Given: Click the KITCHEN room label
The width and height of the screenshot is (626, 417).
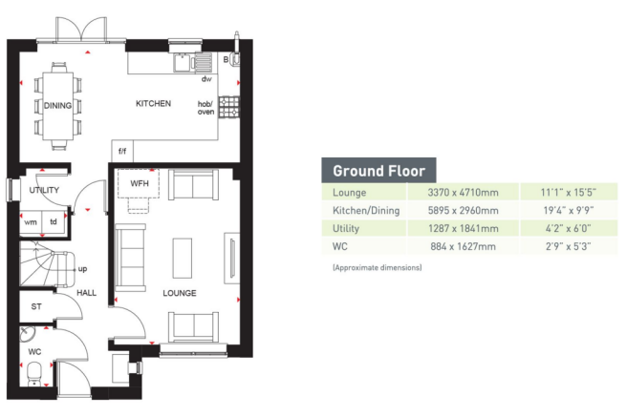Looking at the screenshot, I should (153, 103).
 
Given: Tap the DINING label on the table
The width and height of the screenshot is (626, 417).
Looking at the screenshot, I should (58, 106).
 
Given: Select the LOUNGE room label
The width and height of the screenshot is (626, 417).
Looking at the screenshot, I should (179, 293).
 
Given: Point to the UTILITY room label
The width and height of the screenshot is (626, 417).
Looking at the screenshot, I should (44, 190).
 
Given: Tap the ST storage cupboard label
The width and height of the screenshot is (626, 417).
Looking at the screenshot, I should (36, 307).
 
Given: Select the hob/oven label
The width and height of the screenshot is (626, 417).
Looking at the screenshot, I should (205, 108).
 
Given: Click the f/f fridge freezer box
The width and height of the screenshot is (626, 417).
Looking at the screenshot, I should (122, 152).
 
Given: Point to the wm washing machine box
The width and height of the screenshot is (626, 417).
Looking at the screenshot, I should (30, 221).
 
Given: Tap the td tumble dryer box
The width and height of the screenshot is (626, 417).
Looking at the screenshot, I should (54, 221).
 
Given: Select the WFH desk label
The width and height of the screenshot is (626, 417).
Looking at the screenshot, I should (140, 181).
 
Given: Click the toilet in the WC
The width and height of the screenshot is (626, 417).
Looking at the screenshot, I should (34, 373).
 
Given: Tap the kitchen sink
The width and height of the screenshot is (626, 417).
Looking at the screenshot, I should (202, 62).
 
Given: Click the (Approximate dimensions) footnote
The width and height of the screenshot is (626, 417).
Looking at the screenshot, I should (377, 268).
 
